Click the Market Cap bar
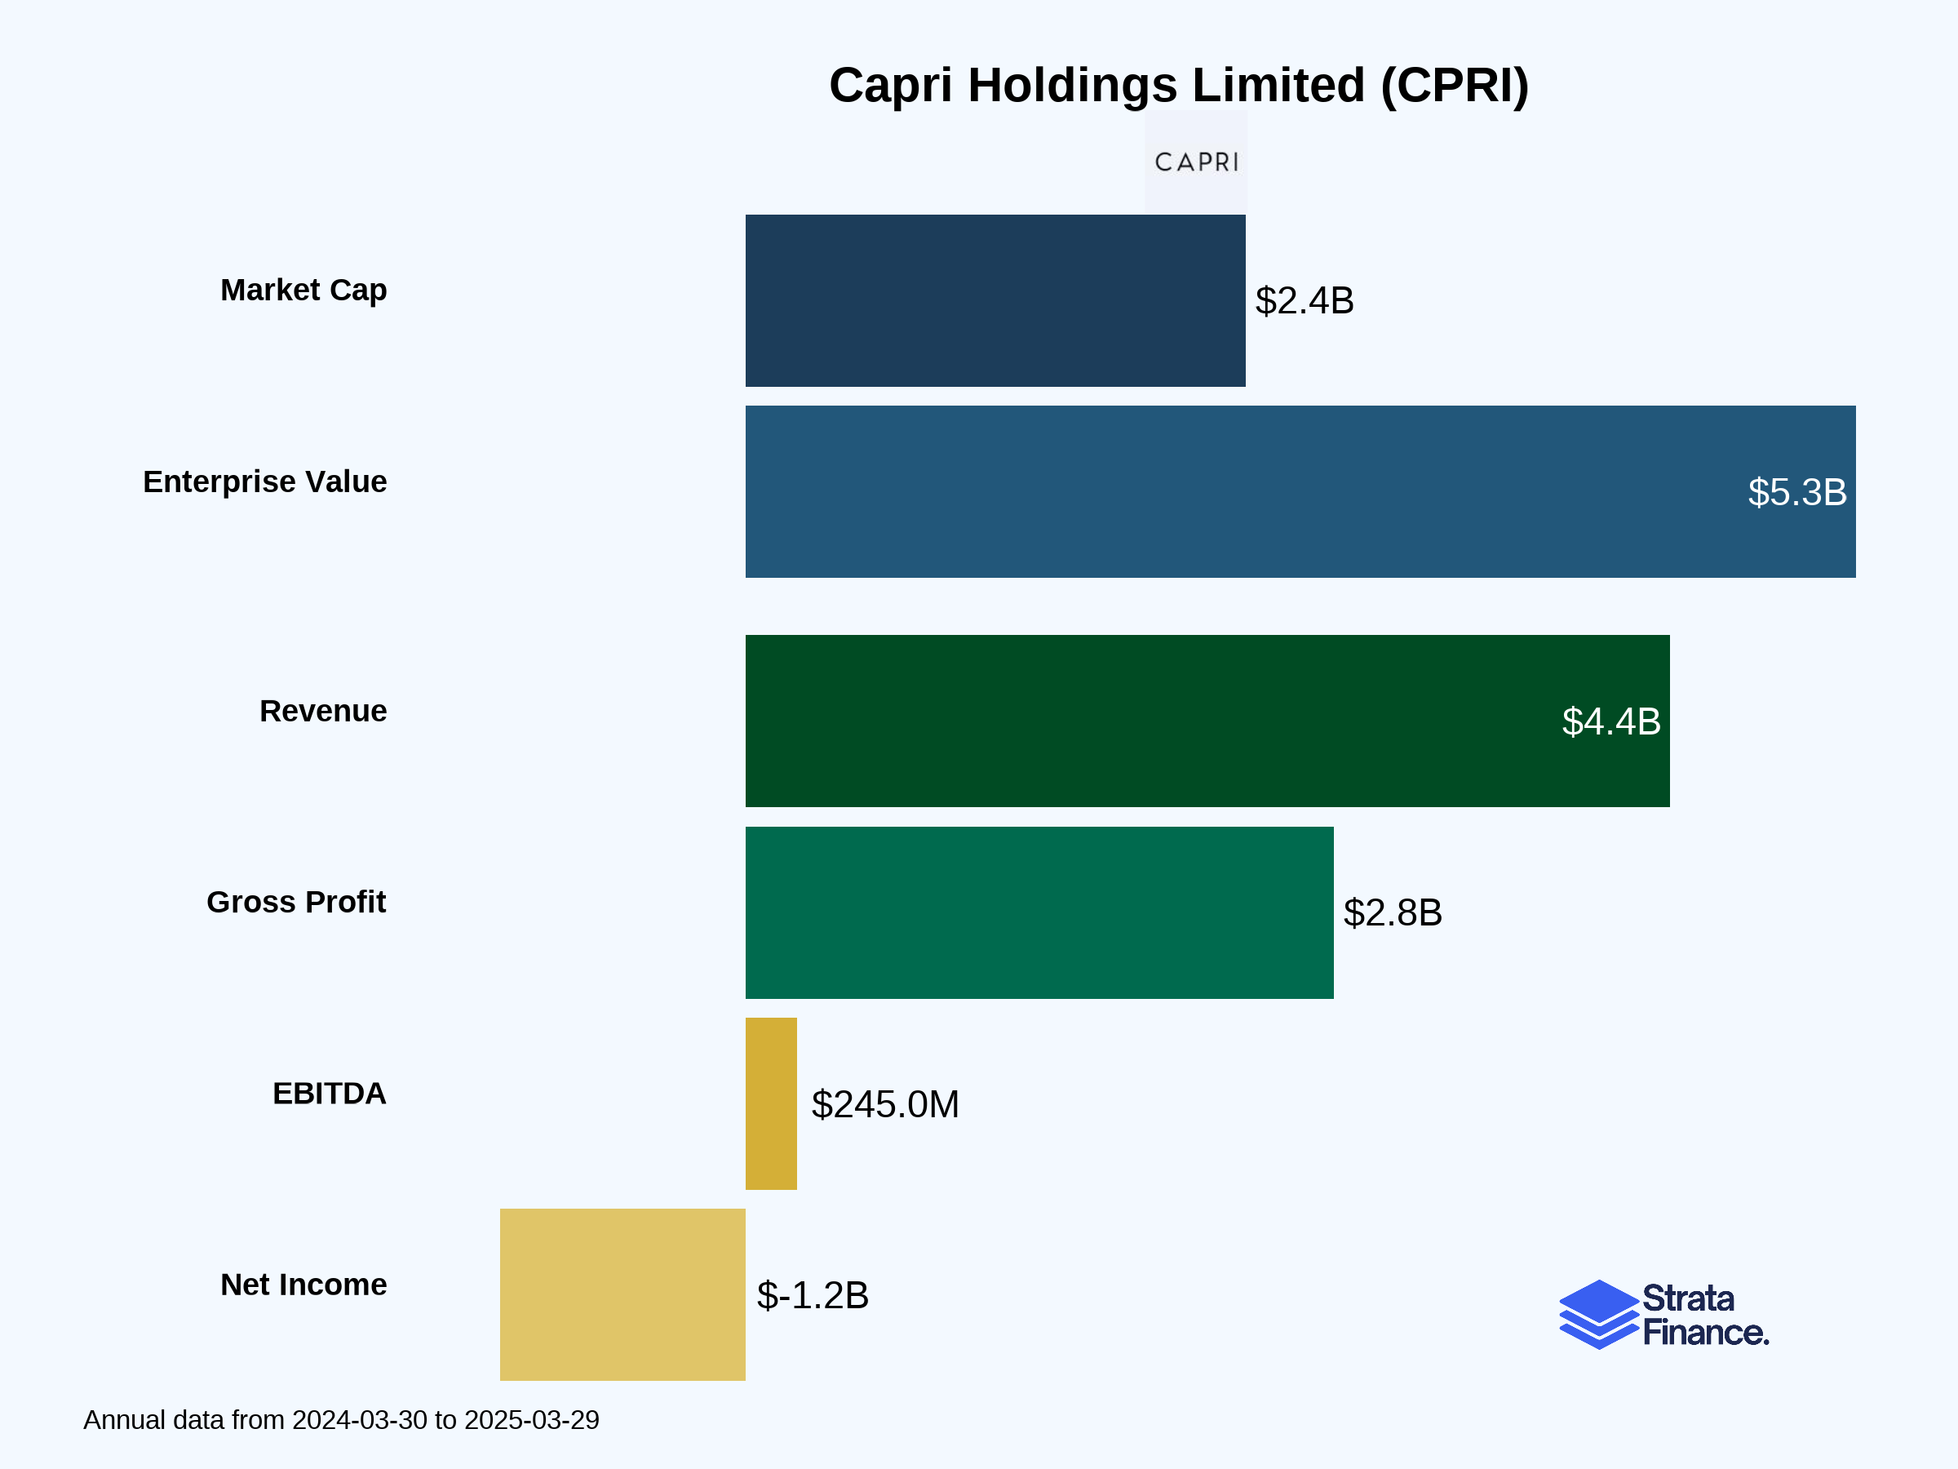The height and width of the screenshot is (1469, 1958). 995,300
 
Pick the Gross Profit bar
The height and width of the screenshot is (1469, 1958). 1039,912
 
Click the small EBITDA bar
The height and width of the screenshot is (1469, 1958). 771,1103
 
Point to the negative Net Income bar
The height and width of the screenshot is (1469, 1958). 622,1294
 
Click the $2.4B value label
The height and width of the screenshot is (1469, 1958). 1304,301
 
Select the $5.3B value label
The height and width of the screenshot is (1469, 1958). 1797,492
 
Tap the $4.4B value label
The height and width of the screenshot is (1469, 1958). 1611,721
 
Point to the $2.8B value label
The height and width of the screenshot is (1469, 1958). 1393,913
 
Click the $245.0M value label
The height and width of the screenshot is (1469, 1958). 885,1104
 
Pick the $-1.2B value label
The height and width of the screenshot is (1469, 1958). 813,1295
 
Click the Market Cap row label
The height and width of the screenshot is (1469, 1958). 303,291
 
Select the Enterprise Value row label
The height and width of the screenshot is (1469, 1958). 264,482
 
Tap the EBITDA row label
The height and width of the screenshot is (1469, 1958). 330,1094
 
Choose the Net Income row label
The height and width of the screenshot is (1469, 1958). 303,1285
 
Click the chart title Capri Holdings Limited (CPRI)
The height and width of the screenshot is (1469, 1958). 1179,86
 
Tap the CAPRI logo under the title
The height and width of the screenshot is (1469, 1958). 1196,162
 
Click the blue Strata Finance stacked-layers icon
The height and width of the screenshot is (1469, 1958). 1598,1314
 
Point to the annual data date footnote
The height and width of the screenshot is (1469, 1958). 342,1420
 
